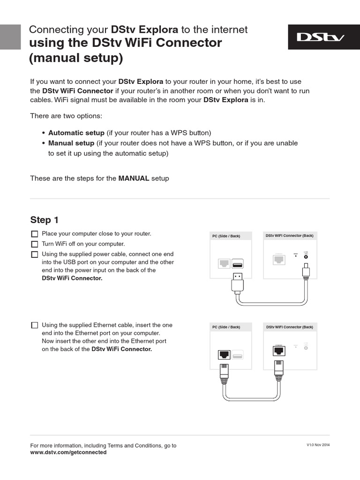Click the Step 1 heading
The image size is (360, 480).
45,220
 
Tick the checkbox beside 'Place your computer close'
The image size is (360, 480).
34,234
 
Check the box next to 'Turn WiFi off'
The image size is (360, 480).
34,244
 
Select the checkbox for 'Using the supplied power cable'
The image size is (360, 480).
34,255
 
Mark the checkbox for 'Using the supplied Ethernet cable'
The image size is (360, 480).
34,325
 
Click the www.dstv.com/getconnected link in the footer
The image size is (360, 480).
68,452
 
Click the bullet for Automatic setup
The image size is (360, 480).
43,133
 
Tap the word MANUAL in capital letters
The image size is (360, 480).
134,179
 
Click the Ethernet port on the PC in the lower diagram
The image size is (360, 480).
224,355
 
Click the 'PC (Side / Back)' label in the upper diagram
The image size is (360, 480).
226,236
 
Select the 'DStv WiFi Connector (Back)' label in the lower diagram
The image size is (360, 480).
289,327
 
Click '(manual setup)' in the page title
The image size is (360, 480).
76,59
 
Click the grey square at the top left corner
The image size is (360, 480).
10,37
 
